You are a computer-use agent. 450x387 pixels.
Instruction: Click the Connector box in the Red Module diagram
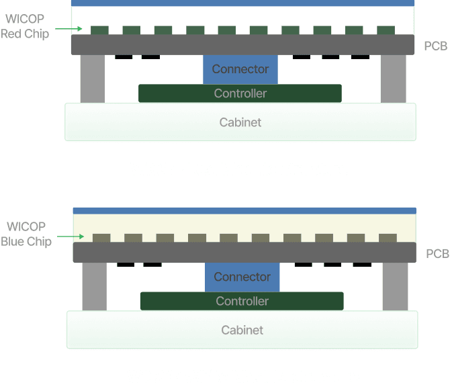pyautogui.click(x=240, y=69)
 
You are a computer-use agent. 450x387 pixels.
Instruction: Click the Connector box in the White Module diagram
pyautogui.click(x=242, y=277)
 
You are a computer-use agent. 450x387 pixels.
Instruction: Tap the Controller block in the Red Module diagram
pyautogui.click(x=240, y=93)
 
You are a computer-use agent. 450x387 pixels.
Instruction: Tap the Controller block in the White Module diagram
pyautogui.click(x=242, y=302)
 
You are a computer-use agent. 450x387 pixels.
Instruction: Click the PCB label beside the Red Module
pyautogui.click(x=436, y=46)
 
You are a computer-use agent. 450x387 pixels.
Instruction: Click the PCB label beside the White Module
pyautogui.click(x=437, y=254)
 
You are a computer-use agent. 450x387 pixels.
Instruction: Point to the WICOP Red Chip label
pyautogui.click(x=24, y=27)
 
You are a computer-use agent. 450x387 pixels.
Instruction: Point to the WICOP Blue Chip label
pyautogui.click(x=26, y=234)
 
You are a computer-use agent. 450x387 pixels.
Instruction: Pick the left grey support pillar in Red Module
pyautogui.click(x=92, y=78)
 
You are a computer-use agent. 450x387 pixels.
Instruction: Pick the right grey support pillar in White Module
pyautogui.click(x=395, y=286)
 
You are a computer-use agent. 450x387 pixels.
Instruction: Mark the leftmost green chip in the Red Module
pyautogui.click(x=99, y=31)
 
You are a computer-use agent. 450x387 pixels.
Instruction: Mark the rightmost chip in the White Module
pyautogui.click(x=388, y=238)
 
